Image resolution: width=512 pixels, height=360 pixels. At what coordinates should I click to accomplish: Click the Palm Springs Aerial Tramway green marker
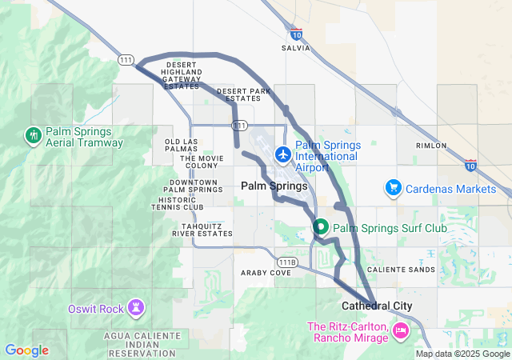tap(34, 135)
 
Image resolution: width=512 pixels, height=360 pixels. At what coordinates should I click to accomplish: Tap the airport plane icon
tap(283, 154)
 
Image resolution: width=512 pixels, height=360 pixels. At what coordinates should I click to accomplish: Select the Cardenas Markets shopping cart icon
tap(393, 189)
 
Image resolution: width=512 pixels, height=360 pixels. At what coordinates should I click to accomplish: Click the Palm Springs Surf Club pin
tap(321, 227)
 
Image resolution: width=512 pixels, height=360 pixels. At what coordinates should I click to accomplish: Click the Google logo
tap(26, 350)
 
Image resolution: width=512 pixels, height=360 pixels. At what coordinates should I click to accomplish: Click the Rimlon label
tap(431, 146)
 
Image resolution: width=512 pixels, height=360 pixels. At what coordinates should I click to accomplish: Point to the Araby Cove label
tap(266, 273)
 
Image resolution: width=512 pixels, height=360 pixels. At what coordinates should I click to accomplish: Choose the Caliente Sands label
tap(407, 270)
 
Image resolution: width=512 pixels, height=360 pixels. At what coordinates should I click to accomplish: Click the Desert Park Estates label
tap(245, 94)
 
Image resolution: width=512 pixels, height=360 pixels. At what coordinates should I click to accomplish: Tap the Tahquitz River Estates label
tap(202, 230)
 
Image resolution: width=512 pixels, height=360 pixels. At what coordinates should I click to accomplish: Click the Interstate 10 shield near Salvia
tap(296, 34)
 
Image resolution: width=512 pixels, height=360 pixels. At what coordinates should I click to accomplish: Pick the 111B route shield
tap(287, 262)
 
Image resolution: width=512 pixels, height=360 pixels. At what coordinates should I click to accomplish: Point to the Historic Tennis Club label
tap(177, 203)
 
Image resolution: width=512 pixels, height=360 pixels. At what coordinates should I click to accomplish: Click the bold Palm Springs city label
tap(268, 186)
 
